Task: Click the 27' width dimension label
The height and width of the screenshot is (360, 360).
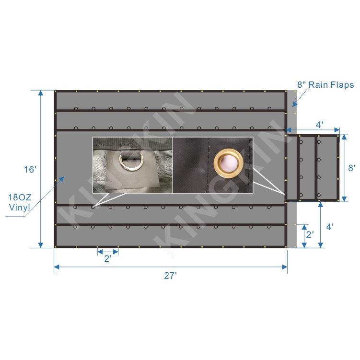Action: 170,276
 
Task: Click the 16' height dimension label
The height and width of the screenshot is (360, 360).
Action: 30,169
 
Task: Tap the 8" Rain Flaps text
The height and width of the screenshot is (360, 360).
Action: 325,85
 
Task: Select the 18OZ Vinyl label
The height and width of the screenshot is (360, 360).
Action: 20,202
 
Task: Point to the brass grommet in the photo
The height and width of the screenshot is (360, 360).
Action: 229,163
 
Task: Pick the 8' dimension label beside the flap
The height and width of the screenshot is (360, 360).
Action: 352,168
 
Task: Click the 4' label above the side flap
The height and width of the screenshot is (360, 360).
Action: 320,125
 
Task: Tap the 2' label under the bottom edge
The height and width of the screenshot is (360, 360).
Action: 108,258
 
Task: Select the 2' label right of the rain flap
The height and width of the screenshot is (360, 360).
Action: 310,234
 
